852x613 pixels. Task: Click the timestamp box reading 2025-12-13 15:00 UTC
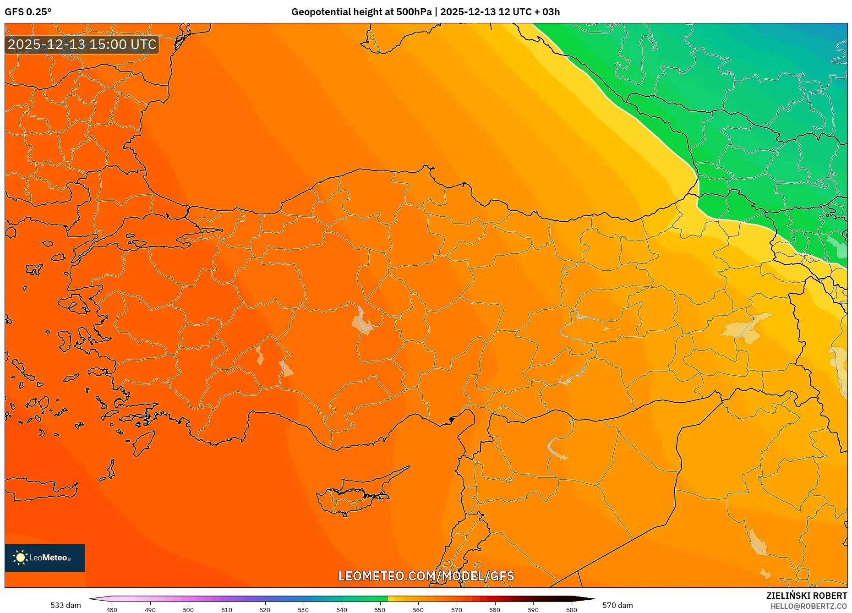click(82, 44)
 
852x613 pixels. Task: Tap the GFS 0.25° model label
click(28, 12)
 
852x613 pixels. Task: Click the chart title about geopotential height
click(425, 12)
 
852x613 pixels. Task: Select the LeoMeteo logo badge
click(45, 558)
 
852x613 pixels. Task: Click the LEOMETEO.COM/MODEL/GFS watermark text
click(426, 576)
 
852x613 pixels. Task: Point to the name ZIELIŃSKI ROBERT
click(806, 596)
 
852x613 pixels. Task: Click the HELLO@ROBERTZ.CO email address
click(808, 606)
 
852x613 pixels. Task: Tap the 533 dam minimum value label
click(66, 605)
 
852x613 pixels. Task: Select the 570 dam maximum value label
click(617, 605)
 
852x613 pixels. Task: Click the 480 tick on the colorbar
click(112, 610)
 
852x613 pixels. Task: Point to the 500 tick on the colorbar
click(188, 610)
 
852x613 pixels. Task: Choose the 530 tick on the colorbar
click(303, 610)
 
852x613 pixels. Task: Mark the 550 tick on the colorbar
click(380, 610)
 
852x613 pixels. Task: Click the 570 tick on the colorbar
click(456, 610)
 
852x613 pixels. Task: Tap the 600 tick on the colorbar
click(571, 610)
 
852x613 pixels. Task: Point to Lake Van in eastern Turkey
click(747, 328)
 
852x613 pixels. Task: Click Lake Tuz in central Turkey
click(362, 321)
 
